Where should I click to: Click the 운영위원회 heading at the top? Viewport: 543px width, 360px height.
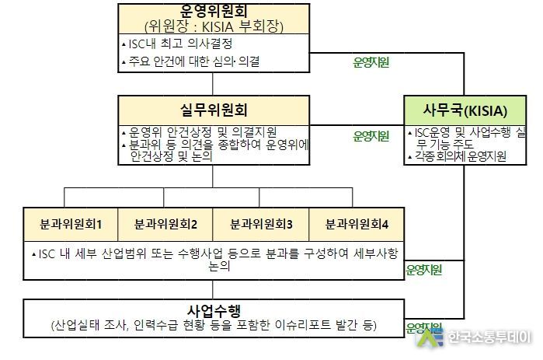pyautogui.click(x=214, y=11)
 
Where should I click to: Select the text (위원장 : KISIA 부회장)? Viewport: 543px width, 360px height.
pyautogui.click(x=214, y=26)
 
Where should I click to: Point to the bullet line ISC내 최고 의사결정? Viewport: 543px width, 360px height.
pyautogui.click(x=177, y=44)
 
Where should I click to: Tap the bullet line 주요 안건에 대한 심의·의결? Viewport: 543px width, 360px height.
pyautogui.click(x=191, y=61)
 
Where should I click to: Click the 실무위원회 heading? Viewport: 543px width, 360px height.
pyautogui.click(x=214, y=110)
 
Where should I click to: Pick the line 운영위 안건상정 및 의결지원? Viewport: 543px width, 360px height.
pyautogui.click(x=200, y=132)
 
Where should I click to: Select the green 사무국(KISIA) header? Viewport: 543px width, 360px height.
pyautogui.click(x=465, y=110)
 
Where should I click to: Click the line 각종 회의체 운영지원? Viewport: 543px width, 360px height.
pyautogui.click(x=457, y=156)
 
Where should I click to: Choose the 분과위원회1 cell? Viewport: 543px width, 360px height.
pyautogui.click(x=71, y=224)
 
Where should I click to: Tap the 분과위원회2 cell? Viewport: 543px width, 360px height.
pyautogui.click(x=165, y=224)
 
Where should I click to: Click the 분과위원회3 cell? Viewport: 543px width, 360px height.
pyautogui.click(x=261, y=224)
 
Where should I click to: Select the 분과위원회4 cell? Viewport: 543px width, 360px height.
pyautogui.click(x=357, y=224)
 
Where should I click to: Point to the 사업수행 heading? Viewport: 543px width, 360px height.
pyautogui.click(x=214, y=310)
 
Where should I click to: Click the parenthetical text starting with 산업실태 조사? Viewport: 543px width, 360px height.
pyautogui.click(x=214, y=325)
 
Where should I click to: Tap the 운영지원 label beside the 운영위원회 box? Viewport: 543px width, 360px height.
pyautogui.click(x=371, y=62)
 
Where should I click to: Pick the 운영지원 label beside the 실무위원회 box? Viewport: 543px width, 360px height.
pyautogui.click(x=371, y=136)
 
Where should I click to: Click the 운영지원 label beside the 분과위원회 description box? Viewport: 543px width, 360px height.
pyautogui.click(x=424, y=270)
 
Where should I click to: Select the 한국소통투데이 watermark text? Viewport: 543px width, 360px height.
pyautogui.click(x=489, y=337)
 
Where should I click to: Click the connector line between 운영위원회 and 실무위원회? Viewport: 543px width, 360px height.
pyautogui.click(x=213, y=84)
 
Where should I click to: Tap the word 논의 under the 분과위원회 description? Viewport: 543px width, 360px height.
pyautogui.click(x=219, y=266)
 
